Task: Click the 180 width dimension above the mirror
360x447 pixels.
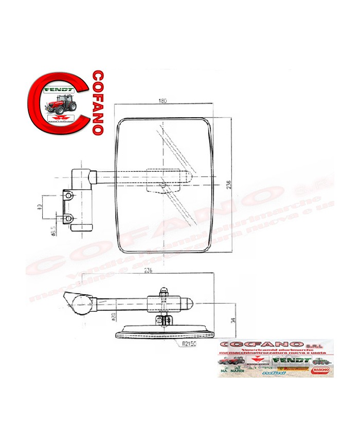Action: (163, 101)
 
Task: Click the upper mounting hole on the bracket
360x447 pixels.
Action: (67, 195)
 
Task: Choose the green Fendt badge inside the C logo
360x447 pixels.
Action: (60, 90)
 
